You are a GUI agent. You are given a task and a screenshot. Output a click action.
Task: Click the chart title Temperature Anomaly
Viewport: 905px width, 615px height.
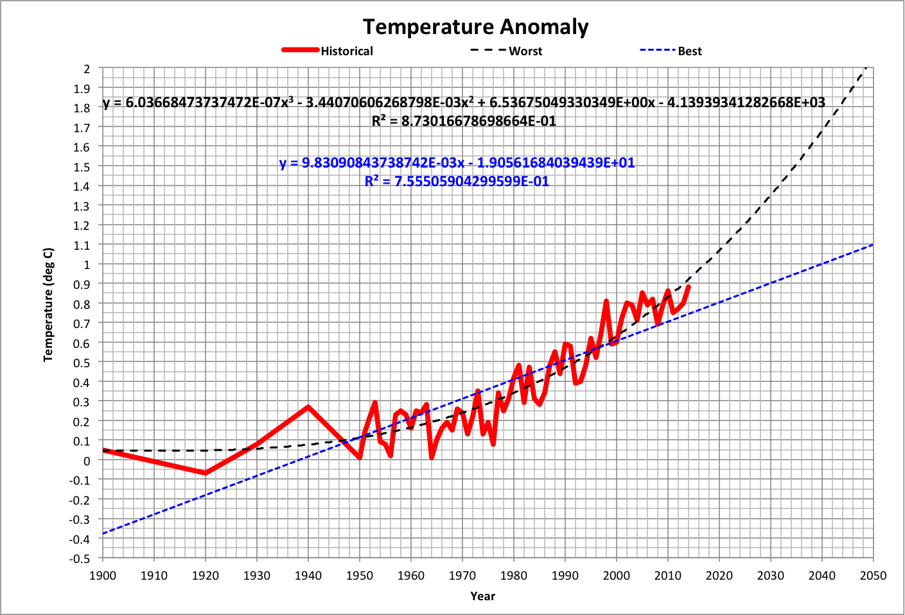475,27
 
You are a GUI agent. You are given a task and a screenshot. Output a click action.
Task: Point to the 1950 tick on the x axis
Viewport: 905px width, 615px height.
360,575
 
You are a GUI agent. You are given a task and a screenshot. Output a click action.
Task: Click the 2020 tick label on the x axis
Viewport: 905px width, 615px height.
719,575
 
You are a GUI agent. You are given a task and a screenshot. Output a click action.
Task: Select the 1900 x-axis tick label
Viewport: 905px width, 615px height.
103,575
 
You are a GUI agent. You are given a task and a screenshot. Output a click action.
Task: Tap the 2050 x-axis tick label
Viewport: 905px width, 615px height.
873,575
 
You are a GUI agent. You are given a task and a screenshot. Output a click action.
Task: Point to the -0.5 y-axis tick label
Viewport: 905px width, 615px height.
80,559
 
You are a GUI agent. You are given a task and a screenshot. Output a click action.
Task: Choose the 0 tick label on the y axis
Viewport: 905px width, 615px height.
87,460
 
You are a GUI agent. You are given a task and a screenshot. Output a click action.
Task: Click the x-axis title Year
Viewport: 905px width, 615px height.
482,596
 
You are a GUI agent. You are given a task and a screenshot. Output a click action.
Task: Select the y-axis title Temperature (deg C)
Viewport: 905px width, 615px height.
48,304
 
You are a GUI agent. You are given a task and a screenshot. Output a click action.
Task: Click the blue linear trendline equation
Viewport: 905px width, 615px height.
457,163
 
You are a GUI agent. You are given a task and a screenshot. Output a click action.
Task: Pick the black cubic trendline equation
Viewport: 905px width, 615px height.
464,103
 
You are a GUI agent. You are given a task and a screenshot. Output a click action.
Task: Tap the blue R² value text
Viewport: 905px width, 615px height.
457,182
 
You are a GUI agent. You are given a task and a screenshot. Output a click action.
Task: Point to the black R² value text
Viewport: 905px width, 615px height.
464,121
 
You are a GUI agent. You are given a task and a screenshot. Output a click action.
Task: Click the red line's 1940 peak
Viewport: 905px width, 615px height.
308,407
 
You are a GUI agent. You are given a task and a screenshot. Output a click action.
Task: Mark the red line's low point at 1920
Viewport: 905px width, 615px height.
206,473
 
